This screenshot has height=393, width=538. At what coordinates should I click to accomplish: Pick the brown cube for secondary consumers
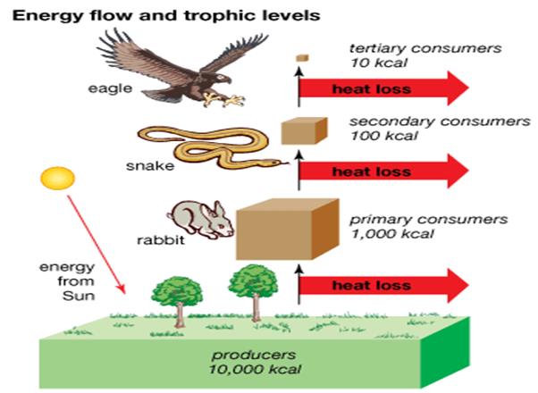[x=299, y=130]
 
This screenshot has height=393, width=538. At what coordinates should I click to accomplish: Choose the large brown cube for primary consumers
[x=285, y=229]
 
